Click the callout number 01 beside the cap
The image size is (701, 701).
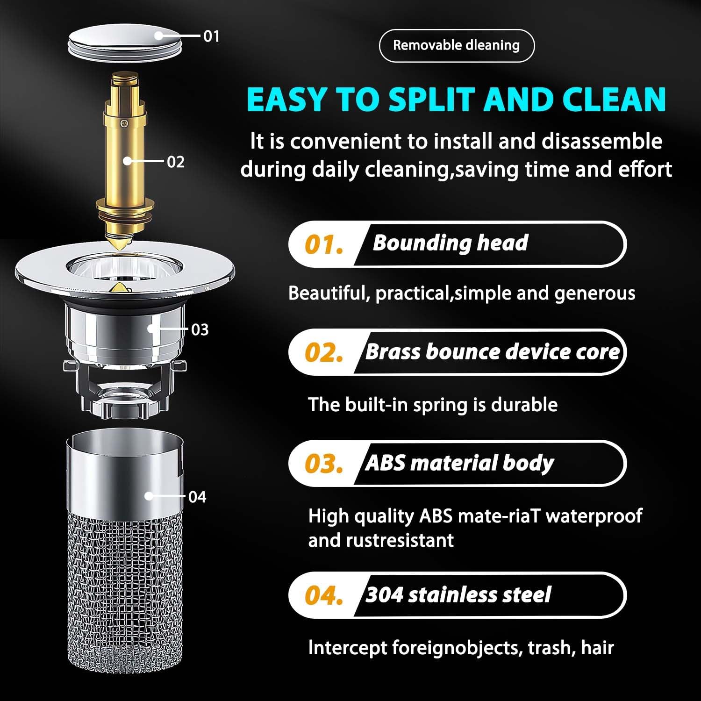pos(211,36)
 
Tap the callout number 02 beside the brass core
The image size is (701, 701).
pos(176,162)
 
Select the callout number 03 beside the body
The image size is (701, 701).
pos(200,329)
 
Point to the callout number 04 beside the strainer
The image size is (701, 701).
pos(197,497)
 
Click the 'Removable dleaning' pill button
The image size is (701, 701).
pos(456,45)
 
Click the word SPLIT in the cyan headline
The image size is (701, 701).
pos(432,99)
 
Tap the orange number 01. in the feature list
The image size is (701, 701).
pos(323,244)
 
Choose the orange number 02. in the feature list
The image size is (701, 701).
pos(323,353)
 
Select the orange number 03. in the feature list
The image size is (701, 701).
pos(323,464)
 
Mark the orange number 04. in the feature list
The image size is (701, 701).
pos(323,596)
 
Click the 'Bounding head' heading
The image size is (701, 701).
pos(450,243)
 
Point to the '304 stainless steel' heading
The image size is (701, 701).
pos(458,595)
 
